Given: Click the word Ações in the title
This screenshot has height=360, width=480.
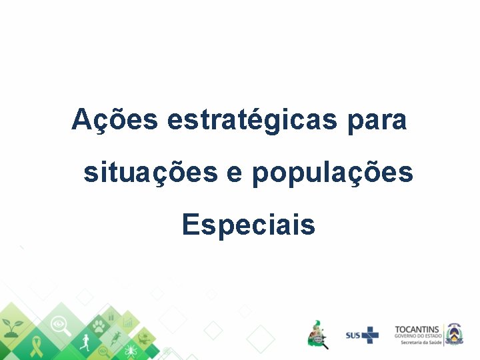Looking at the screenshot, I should (115, 121).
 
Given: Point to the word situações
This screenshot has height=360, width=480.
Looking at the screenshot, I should (150, 173).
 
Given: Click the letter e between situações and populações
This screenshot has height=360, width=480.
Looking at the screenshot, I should (235, 174).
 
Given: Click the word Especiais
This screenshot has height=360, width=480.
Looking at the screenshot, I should (248, 225).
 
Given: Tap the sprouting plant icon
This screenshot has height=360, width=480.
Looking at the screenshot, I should (13, 326).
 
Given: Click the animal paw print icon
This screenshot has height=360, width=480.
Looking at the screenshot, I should (98, 326).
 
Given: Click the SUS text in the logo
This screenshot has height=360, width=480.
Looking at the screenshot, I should (353, 335).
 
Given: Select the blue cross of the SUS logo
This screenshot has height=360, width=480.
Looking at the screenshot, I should (370, 335).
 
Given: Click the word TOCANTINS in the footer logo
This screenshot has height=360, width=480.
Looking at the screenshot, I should (417, 329).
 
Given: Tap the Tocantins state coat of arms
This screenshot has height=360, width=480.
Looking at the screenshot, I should (454, 333).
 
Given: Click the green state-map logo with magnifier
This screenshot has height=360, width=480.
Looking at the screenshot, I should (318, 333).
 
